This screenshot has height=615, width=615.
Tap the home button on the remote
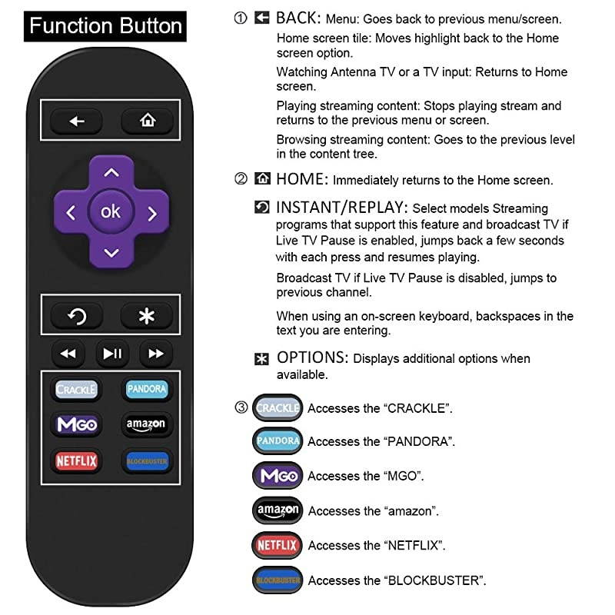tap(146, 120)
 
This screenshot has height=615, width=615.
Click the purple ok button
tap(111, 211)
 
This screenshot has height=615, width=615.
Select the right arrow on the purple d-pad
tap(152, 213)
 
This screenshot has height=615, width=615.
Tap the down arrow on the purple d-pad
tap(111, 252)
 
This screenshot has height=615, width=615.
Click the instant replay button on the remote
tap(76, 315)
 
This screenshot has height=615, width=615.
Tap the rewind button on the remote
tap(68, 354)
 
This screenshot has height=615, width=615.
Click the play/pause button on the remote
tap(112, 354)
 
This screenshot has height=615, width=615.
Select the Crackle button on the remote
tap(77, 389)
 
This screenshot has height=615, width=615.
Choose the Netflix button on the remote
tap(77, 461)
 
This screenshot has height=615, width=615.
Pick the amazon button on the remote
tap(145, 424)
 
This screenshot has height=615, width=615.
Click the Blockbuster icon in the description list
tap(278, 580)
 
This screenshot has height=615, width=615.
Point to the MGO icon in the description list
tap(278, 476)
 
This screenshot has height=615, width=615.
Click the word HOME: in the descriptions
tap(302, 180)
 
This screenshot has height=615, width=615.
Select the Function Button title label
tap(105, 26)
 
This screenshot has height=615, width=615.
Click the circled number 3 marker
tap(241, 407)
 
